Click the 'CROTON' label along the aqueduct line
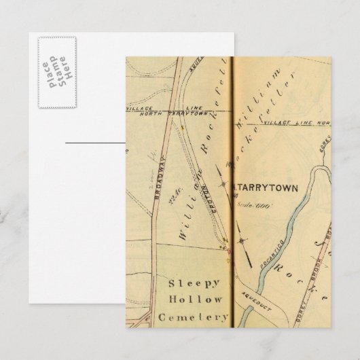coord(202,193)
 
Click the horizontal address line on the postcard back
coord(95,143)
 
